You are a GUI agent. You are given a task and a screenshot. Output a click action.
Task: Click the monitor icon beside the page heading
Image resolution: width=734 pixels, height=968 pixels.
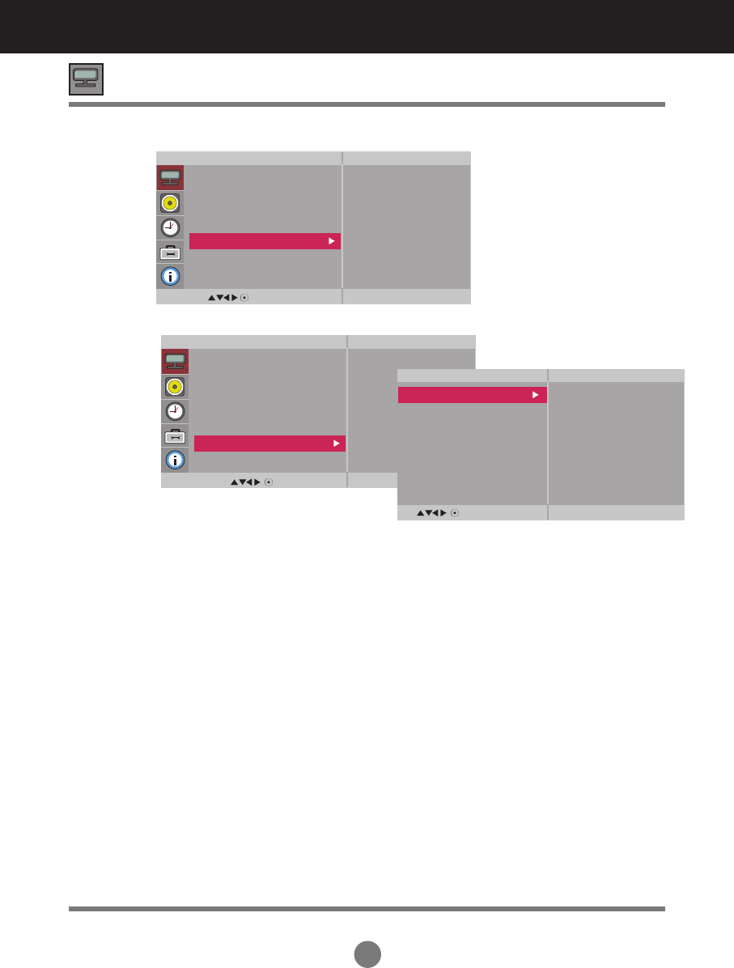tap(86, 79)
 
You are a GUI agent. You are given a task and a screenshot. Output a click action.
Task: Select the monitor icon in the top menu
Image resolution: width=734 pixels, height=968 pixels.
tap(171, 178)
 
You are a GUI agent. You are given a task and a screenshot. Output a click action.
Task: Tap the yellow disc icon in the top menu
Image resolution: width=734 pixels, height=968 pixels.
tap(171, 203)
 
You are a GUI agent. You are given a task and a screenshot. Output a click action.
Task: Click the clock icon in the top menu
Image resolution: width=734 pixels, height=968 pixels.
tap(171, 227)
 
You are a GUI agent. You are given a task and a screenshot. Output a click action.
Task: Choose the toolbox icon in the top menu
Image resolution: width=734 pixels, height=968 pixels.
tap(171, 252)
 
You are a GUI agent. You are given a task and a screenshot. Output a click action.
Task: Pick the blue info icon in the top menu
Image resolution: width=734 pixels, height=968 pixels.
tap(171, 276)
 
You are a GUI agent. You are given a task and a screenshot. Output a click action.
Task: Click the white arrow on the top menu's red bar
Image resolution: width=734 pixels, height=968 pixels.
tap(331, 241)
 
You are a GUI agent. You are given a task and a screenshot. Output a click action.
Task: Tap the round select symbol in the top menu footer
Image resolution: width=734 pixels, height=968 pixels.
tap(244, 298)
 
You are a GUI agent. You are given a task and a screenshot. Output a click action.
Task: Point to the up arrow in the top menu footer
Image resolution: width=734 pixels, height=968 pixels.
tap(211, 298)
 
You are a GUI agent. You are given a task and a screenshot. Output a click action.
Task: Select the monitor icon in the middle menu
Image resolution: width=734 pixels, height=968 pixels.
tap(176, 361)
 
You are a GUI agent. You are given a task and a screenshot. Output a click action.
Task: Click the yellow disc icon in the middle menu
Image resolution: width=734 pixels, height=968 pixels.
tap(176, 386)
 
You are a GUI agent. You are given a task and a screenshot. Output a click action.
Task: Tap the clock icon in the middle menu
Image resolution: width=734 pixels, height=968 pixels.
tap(176, 411)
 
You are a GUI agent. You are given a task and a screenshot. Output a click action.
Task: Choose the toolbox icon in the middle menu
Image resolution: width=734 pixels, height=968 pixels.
tap(176, 435)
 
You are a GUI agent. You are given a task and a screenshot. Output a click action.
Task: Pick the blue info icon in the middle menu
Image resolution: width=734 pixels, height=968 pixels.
tap(176, 460)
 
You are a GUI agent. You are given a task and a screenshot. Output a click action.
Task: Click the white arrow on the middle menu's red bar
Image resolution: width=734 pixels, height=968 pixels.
tap(336, 444)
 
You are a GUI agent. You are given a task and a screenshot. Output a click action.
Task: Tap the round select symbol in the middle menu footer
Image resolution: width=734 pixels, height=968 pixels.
tap(268, 482)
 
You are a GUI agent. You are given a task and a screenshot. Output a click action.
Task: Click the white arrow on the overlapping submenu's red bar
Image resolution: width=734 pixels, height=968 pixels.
tap(535, 395)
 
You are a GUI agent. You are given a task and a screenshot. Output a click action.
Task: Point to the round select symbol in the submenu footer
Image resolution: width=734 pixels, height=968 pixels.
tap(456, 513)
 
